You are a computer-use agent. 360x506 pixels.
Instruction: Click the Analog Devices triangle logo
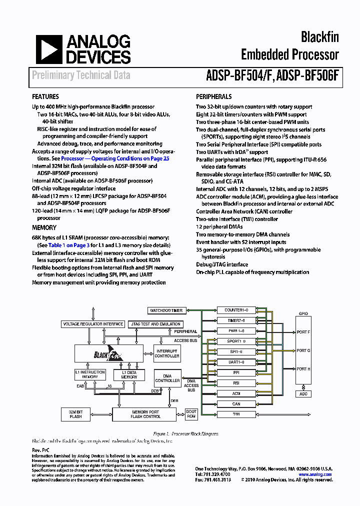coord(46,49)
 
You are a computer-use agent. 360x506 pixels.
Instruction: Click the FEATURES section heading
coord(45,96)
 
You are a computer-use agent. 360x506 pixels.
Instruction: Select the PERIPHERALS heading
coord(213,96)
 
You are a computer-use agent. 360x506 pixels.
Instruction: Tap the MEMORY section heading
coord(44,227)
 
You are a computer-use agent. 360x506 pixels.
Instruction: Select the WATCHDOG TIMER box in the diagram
coord(166,310)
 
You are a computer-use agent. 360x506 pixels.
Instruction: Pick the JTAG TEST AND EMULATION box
coord(155,324)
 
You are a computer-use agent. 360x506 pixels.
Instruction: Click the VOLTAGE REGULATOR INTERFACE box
coord(92,324)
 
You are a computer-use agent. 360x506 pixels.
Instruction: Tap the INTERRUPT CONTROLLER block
coord(167,353)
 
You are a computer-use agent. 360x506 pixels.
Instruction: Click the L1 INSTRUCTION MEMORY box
coord(90,374)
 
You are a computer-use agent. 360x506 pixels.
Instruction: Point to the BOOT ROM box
coord(191,413)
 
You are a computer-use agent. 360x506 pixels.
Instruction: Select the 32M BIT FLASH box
coord(75,413)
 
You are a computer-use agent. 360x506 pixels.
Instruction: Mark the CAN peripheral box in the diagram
coord(236,404)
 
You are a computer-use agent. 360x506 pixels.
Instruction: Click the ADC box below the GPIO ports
coord(303,394)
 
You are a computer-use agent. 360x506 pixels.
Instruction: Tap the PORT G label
coord(303,350)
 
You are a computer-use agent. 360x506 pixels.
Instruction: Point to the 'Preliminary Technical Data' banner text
coord(81,75)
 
